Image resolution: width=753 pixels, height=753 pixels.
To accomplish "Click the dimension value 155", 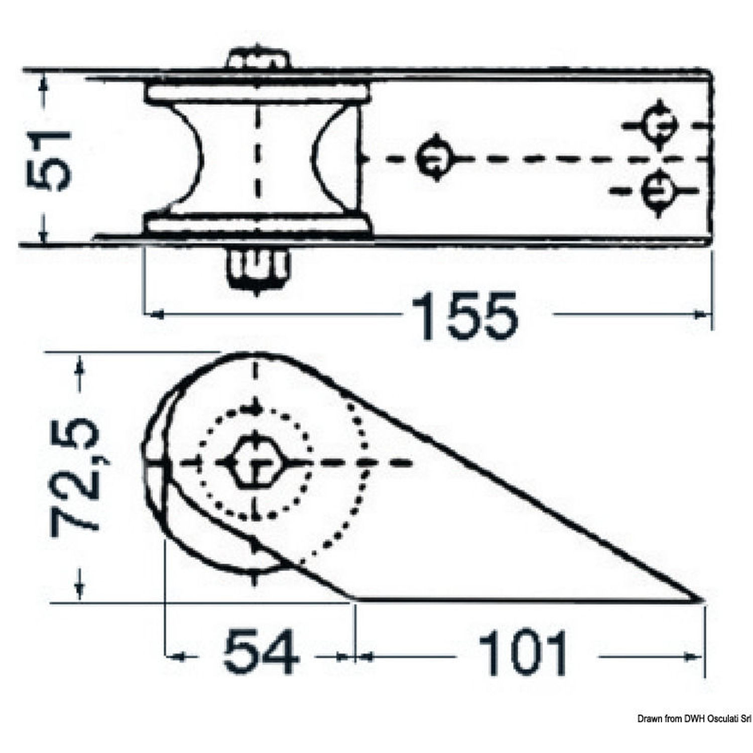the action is [464, 315].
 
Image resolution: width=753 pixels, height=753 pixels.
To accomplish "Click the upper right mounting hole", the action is [660, 125].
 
